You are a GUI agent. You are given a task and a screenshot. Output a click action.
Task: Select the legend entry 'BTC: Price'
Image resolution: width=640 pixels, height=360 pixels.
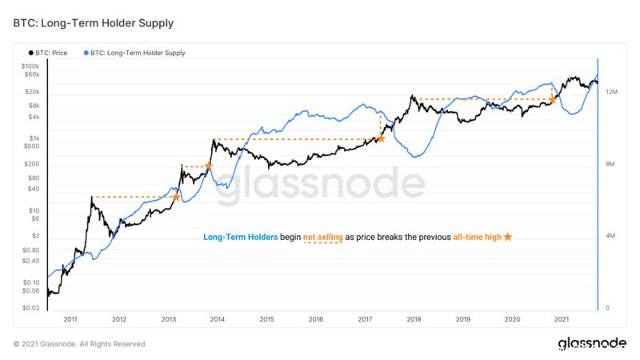click(54, 53)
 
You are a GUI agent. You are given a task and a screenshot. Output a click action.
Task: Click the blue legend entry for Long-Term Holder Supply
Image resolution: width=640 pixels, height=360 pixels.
click(134, 53)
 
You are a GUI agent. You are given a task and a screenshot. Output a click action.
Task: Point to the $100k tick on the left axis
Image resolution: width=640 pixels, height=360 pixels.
click(30, 66)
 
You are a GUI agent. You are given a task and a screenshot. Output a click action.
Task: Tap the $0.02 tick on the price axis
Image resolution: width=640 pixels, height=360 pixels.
click(30, 308)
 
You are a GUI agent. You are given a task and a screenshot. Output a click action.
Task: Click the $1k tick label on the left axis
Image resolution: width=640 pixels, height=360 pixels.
click(33, 138)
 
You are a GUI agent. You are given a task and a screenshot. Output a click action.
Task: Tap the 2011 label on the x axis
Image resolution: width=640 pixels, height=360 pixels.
click(70, 319)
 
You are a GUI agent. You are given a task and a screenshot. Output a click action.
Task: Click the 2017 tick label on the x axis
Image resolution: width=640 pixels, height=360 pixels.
click(365, 319)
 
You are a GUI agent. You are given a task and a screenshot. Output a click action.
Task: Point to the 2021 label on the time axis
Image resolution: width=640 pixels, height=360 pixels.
click(562, 319)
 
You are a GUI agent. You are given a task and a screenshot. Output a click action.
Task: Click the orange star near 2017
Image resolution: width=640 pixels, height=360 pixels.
click(381, 139)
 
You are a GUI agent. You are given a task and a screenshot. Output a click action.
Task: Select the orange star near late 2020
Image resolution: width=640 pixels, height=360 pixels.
click(553, 100)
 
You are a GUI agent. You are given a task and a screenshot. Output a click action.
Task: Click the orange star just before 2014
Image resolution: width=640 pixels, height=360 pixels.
click(209, 166)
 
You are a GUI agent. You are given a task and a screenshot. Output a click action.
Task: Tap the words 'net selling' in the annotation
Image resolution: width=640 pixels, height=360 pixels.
click(322, 238)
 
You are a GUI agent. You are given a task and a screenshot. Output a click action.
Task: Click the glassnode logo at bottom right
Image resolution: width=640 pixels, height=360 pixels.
click(591, 343)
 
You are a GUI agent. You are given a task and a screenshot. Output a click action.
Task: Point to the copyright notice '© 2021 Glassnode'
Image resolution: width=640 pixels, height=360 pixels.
click(80, 344)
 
